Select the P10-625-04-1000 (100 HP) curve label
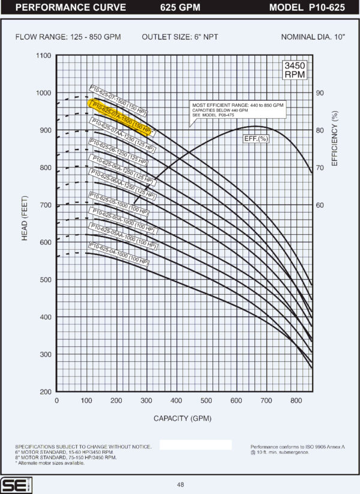tap(119, 253)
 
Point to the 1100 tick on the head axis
tap(44, 56)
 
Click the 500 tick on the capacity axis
tap(206, 400)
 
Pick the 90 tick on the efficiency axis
tap(320, 93)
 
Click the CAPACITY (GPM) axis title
tap(182, 418)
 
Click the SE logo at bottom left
tap(12, 484)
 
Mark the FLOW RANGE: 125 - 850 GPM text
tap(68, 37)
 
